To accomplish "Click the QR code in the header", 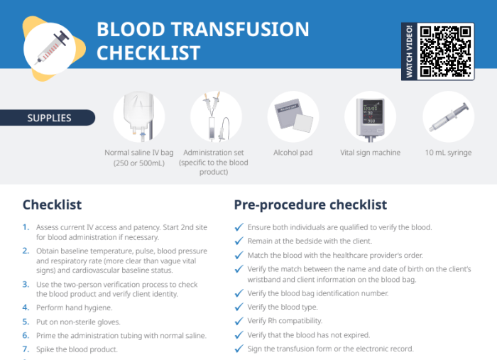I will click(x=445, y=51).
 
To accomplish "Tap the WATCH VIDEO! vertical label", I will click(x=410, y=51).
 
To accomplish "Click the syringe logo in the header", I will click(x=54, y=49).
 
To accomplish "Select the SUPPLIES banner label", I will click(x=49, y=118).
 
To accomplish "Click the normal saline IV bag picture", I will click(x=139, y=116).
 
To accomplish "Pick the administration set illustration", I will click(x=216, y=116).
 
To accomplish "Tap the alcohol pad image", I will click(x=293, y=116).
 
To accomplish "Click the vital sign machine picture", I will click(x=370, y=116).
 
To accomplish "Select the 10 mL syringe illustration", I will click(x=448, y=116).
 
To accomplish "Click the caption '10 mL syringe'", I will click(x=448, y=153).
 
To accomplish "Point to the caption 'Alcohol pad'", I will click(x=293, y=153).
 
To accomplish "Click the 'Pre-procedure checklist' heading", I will click(x=310, y=204).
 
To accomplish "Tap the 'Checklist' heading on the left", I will click(x=52, y=204).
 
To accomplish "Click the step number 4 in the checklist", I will click(x=26, y=307).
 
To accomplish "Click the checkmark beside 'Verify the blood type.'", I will click(x=239, y=307).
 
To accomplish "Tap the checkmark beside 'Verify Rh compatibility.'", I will click(x=239, y=321).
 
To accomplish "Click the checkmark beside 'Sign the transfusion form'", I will click(x=239, y=349).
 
